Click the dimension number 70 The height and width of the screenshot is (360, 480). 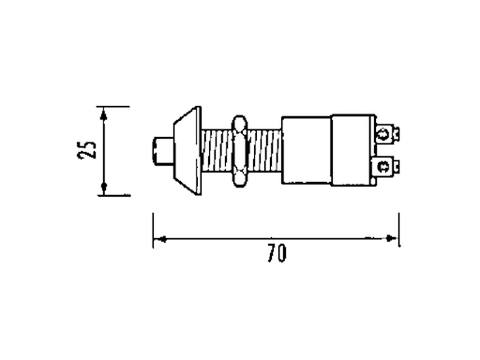[x=276, y=254]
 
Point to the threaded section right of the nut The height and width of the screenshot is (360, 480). [x=265, y=151]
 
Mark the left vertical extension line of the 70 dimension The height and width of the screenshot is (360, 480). [x=153, y=230]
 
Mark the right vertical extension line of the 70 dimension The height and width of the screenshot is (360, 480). [x=399, y=230]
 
